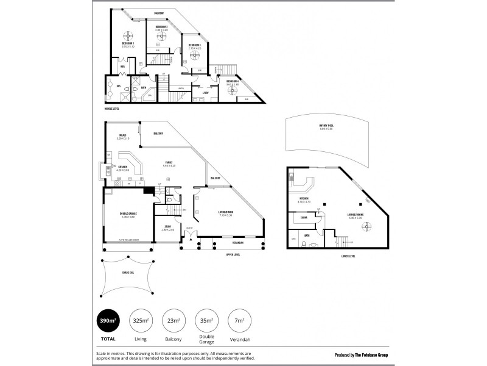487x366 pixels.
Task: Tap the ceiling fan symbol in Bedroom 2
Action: point(162,35)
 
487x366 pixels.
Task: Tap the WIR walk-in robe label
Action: point(122,67)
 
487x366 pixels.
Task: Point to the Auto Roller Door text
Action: point(128,241)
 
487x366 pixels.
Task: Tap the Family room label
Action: point(169,163)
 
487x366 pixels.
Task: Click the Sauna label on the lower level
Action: point(303,216)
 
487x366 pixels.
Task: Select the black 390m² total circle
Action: point(107,320)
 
